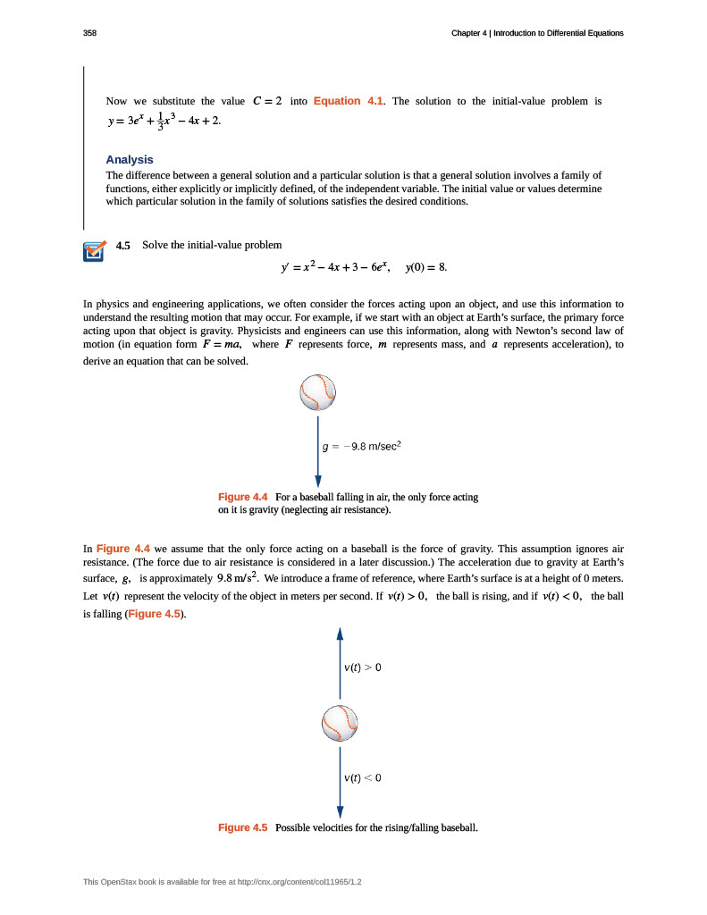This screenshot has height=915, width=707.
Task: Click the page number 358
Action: click(89, 33)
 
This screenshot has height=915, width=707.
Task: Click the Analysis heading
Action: click(130, 160)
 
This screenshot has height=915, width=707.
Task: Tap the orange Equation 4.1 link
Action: click(349, 101)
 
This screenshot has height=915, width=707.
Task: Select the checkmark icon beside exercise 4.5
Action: click(93, 252)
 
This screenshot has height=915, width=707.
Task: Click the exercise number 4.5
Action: click(123, 246)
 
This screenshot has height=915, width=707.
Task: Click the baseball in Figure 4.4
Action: click(318, 391)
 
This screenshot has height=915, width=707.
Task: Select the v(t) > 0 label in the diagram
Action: click(363, 667)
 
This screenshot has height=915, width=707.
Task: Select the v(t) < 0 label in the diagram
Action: click(363, 777)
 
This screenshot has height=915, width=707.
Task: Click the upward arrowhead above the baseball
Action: click(340, 634)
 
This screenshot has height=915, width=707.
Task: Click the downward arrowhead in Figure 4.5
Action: click(340, 810)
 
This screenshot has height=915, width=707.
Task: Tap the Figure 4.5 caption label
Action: click(243, 828)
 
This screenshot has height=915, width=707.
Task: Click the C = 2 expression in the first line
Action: click(268, 101)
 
